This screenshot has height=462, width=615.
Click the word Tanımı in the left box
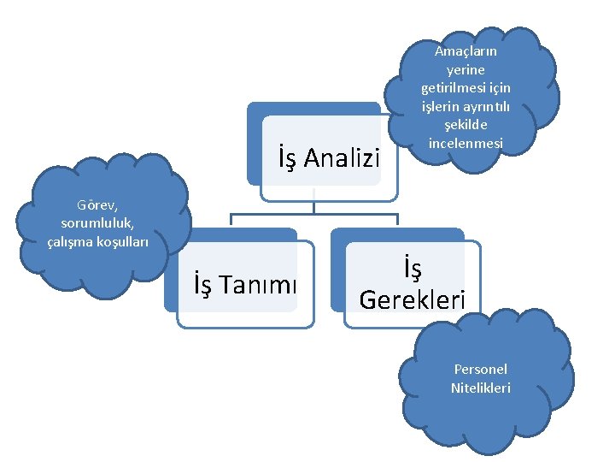click(x=259, y=283)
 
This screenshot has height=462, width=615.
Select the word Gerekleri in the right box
click(x=413, y=299)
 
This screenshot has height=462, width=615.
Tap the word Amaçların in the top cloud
click(x=466, y=51)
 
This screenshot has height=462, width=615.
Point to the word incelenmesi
click(x=466, y=142)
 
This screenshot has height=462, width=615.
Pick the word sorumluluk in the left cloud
click(x=99, y=223)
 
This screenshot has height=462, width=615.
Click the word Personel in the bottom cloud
click(x=480, y=370)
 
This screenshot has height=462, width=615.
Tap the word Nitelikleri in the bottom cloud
click(x=480, y=388)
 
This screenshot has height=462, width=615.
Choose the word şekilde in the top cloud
click(x=466, y=124)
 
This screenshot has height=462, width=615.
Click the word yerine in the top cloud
click(x=466, y=69)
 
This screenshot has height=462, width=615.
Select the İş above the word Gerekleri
click(x=412, y=269)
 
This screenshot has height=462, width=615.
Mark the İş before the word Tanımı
click(x=203, y=283)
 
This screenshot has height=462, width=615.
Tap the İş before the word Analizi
click(x=288, y=158)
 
